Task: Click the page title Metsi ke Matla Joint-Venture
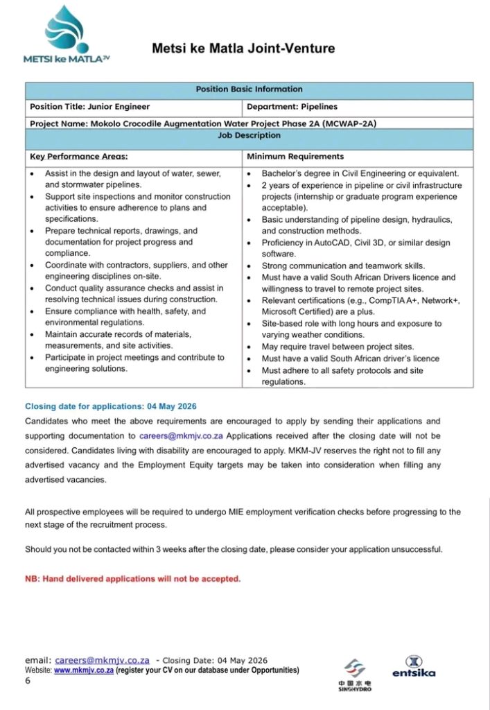point(243,49)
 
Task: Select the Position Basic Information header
point(249,89)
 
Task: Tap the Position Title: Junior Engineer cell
point(90,107)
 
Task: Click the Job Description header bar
point(249,136)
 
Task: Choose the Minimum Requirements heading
point(295,157)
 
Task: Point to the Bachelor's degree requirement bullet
point(360,173)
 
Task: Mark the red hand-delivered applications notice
point(133,578)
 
